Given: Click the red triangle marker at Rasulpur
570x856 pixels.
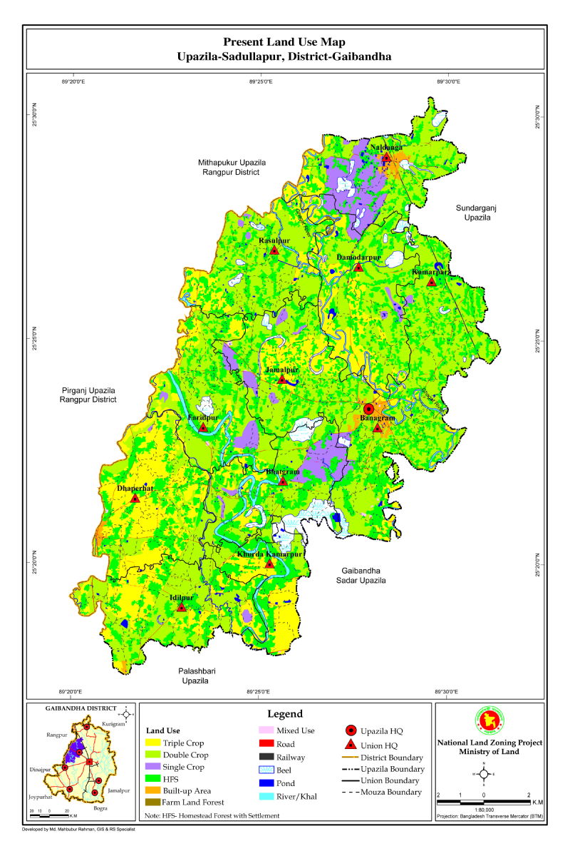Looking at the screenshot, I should pos(274,250).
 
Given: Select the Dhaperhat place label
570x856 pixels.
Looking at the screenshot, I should pos(135,488).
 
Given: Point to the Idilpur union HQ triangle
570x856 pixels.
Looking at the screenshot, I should pos(181,607).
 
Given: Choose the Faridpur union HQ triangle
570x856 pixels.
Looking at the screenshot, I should pos(203,427).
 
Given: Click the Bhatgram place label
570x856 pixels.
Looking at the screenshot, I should pos(283,472).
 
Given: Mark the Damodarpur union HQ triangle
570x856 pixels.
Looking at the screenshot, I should pos(358,267).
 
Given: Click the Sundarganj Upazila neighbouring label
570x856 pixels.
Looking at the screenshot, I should pos(474,212).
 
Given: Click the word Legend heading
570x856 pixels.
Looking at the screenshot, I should pos(285,713).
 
